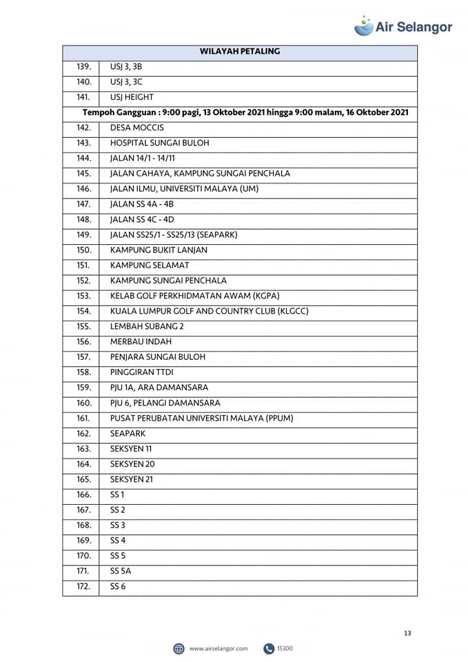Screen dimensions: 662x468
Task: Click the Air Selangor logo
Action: (x=403, y=26)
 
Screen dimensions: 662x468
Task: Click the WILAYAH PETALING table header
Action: (x=240, y=52)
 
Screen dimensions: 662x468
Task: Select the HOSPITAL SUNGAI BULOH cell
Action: (x=159, y=143)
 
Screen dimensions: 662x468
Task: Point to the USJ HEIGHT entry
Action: (x=132, y=97)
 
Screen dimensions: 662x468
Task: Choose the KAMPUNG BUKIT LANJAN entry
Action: (x=159, y=250)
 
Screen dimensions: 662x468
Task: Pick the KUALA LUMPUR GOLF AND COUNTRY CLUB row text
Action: (x=209, y=311)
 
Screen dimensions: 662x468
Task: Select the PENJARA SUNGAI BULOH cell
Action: (x=157, y=357)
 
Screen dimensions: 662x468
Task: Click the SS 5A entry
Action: (x=120, y=571)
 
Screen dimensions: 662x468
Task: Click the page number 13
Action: (x=407, y=633)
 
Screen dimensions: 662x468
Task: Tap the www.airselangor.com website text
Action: (x=218, y=649)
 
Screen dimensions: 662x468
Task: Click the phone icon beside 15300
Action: (x=269, y=649)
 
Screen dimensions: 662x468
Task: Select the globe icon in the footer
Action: (x=179, y=649)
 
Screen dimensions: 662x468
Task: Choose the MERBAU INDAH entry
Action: (x=141, y=341)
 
